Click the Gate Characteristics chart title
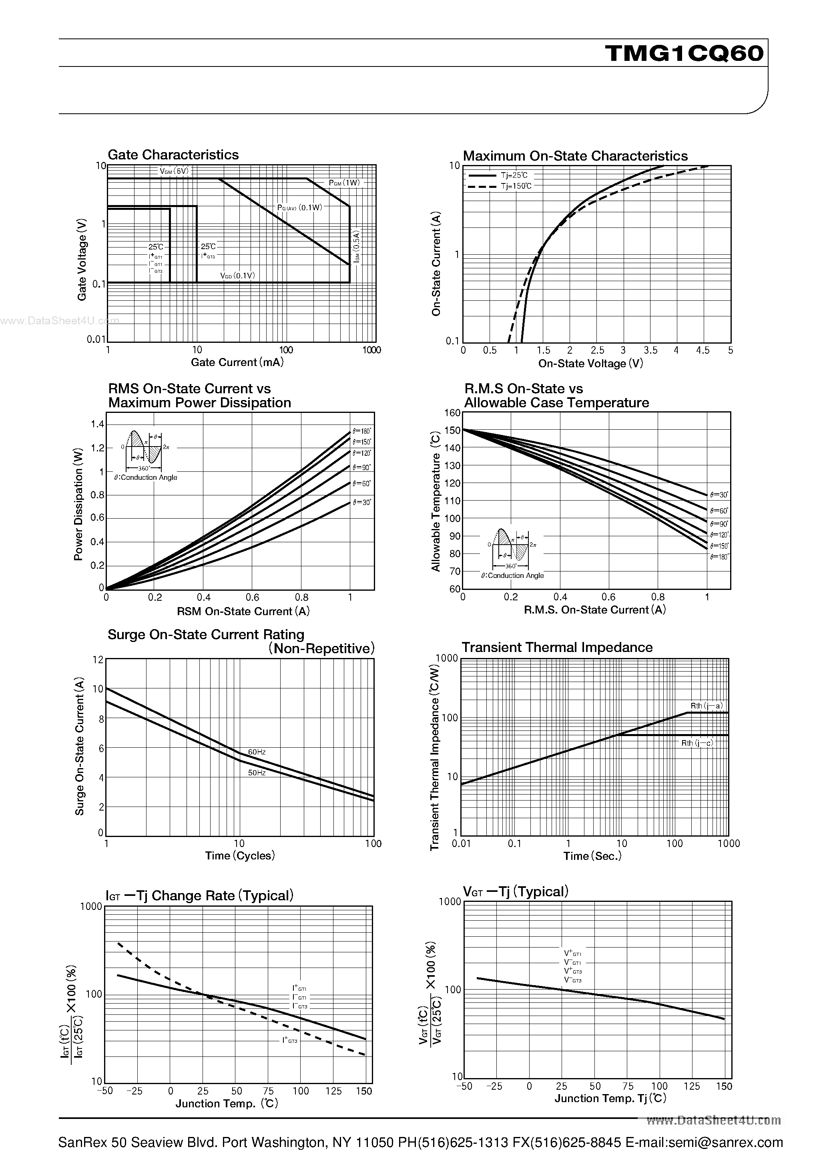173,155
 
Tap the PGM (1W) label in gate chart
344,183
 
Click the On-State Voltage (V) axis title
590,364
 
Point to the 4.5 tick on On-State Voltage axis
703,350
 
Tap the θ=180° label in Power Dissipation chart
362,431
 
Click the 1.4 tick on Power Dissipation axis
97,425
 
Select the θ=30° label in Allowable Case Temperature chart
719,495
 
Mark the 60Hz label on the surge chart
257,752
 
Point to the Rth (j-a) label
706,706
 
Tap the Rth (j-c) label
697,743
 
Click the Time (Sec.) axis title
592,856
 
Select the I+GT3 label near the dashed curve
289,1040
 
